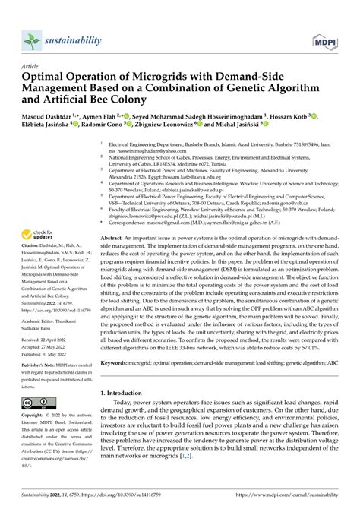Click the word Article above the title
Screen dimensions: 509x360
point(33,67)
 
